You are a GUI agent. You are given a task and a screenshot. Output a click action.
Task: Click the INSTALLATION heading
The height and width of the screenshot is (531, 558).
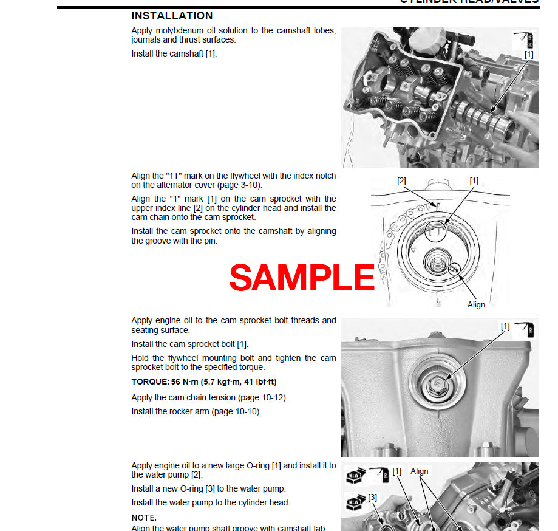(x=172, y=16)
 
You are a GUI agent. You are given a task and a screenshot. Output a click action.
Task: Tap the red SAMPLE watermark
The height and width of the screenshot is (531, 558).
(x=302, y=278)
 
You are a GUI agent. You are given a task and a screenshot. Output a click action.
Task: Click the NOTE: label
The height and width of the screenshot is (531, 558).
(x=144, y=518)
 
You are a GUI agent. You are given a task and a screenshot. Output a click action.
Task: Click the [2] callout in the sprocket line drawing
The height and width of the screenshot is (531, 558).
(x=401, y=181)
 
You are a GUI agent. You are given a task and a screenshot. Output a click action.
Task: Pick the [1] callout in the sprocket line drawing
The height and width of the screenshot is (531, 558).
(x=474, y=181)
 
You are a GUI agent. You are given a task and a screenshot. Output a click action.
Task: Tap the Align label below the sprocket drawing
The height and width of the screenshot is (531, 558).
(x=476, y=304)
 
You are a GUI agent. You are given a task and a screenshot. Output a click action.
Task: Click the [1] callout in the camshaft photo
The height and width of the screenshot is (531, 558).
(x=528, y=54)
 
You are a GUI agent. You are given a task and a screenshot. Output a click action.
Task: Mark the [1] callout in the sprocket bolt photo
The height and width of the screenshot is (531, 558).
(x=505, y=326)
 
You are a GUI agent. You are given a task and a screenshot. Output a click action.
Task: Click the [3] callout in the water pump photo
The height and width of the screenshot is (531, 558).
(x=372, y=497)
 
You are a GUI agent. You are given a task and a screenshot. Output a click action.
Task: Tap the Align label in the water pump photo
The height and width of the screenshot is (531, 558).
(x=419, y=471)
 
